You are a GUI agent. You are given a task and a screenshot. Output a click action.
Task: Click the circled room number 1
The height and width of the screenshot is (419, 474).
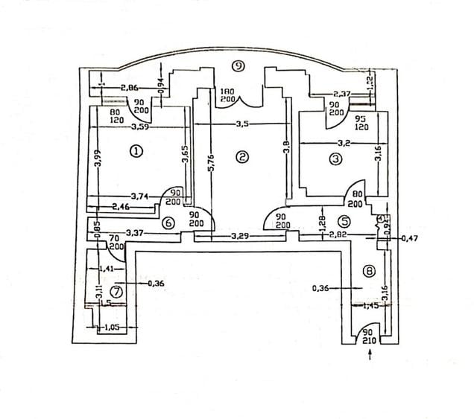[136, 151]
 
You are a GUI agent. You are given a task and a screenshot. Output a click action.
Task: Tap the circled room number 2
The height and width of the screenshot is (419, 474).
[241, 156]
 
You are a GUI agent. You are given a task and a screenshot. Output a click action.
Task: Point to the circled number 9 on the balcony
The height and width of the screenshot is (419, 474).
[238, 66]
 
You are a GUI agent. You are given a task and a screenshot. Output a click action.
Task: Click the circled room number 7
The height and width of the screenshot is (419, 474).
[116, 291]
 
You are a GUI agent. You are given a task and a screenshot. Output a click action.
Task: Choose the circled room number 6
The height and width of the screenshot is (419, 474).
[168, 222]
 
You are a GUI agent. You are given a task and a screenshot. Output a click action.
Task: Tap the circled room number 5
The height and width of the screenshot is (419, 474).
[344, 220]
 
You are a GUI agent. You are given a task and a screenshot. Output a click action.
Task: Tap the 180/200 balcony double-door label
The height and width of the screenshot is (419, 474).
[227, 95]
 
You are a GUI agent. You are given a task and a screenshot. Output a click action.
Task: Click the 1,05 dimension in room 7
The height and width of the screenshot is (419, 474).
[111, 327]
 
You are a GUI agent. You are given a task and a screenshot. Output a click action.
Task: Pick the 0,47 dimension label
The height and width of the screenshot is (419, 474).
[410, 239]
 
